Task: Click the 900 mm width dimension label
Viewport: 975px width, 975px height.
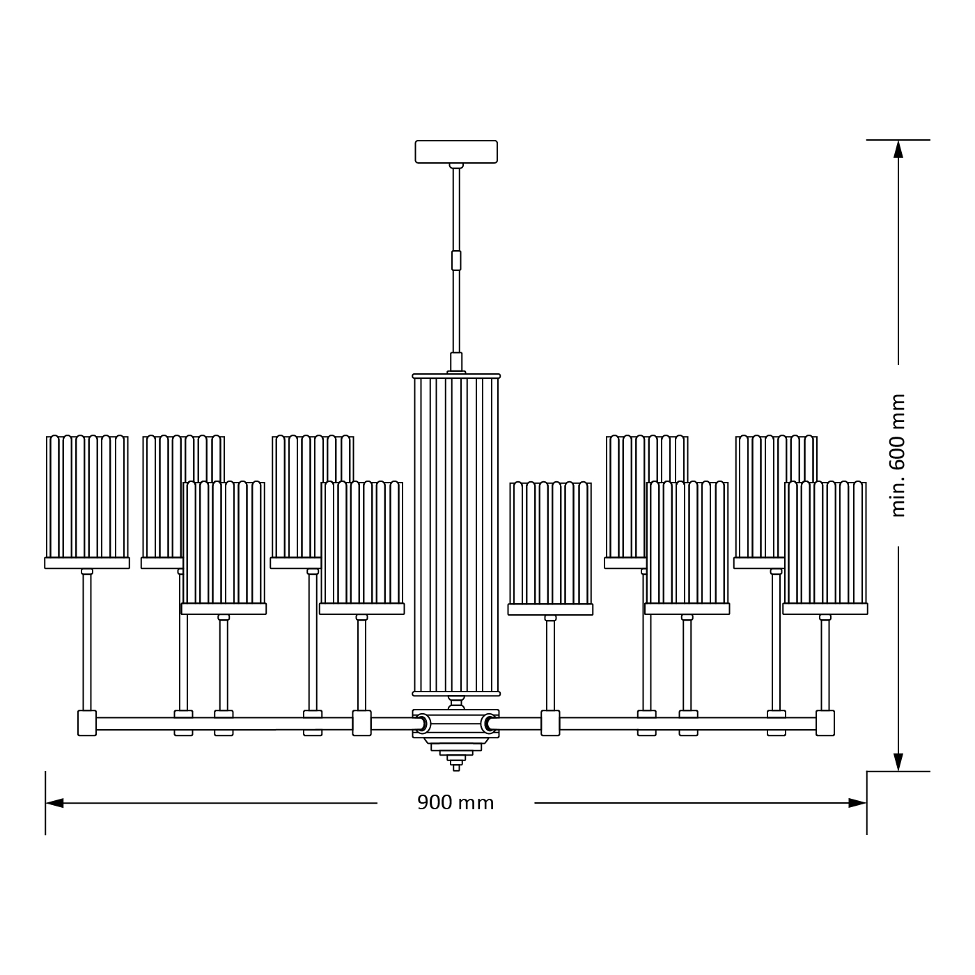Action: [x=455, y=803]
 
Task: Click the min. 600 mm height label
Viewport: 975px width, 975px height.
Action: [x=898, y=455]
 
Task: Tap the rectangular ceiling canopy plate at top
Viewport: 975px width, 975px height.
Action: [x=456, y=152]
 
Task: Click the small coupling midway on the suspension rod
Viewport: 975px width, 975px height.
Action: [x=456, y=260]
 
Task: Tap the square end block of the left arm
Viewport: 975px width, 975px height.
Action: [x=87, y=723]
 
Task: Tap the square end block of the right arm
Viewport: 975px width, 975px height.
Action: [x=825, y=723]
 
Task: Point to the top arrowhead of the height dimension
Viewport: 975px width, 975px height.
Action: [x=898, y=149]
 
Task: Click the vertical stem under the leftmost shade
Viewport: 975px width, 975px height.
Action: [x=87, y=641]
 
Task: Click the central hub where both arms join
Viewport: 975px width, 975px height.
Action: [x=456, y=724]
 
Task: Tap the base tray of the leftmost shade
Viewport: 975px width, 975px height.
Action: [x=87, y=563]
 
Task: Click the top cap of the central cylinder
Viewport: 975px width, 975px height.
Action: [x=456, y=376]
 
